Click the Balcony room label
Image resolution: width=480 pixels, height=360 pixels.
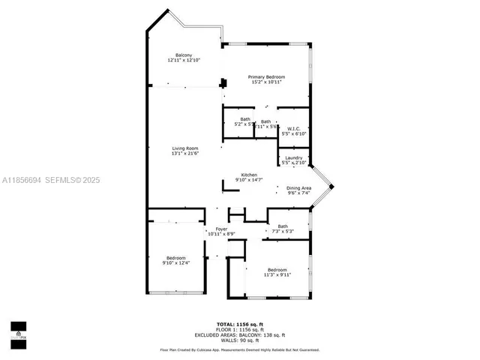click(x=184, y=55)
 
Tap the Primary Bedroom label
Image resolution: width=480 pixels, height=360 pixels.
click(x=267, y=77)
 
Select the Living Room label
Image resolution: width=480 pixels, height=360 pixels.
click(x=184, y=148)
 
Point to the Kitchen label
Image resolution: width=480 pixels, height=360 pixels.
click(x=249, y=175)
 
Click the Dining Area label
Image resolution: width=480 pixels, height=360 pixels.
click(x=298, y=187)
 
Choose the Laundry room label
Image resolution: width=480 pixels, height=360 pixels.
click(x=293, y=157)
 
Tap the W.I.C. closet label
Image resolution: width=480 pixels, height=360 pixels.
click(x=293, y=128)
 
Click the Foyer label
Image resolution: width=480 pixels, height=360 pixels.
click(x=221, y=229)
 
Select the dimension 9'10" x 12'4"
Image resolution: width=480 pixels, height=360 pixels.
click(x=176, y=262)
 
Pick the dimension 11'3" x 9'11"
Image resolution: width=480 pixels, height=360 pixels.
click(x=277, y=274)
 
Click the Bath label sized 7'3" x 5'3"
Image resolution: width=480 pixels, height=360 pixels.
click(x=282, y=226)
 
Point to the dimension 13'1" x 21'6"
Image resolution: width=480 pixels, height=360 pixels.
click(x=184, y=154)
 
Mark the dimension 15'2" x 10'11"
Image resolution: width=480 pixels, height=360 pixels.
click(x=267, y=82)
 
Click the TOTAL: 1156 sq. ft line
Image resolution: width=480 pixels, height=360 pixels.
click(x=239, y=324)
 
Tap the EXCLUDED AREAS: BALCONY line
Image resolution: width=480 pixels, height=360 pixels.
click(x=239, y=334)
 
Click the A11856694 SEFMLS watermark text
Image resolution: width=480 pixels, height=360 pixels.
click(x=50, y=180)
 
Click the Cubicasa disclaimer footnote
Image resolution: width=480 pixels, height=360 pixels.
click(x=239, y=349)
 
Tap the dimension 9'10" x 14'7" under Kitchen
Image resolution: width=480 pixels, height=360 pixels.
click(x=249, y=180)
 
